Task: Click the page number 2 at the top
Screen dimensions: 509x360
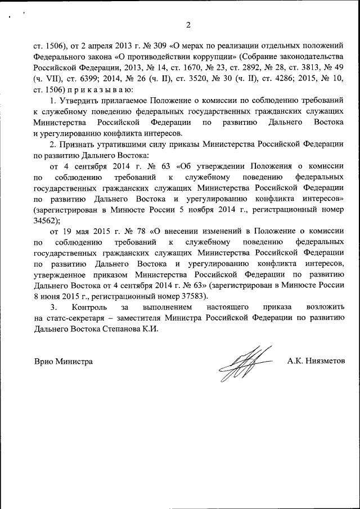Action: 188,25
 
